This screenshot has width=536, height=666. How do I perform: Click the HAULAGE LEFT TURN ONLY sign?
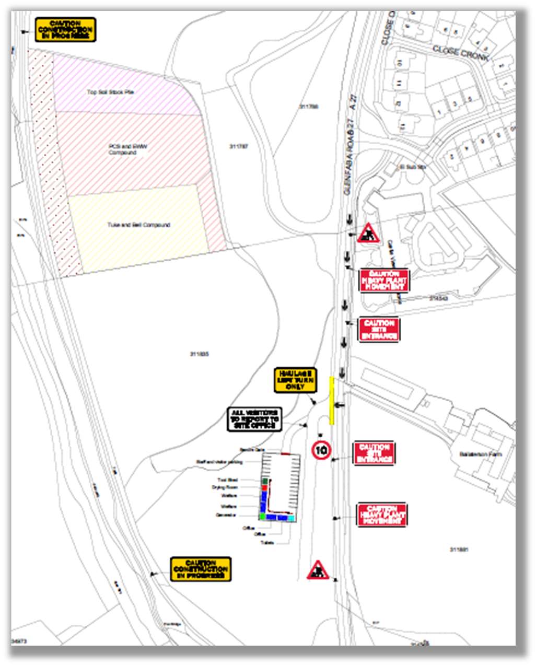tap(296, 380)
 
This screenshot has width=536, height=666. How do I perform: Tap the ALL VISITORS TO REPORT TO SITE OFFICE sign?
tap(254, 419)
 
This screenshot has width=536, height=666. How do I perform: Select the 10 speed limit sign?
tap(321, 450)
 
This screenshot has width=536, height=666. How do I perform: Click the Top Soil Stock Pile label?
tap(110, 92)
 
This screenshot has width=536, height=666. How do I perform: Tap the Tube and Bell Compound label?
tap(138, 225)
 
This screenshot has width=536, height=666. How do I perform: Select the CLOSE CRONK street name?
tap(460, 53)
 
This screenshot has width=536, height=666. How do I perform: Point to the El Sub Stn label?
tap(413, 167)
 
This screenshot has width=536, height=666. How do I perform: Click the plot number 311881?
tap(459, 550)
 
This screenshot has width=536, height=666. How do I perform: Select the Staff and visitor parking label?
tap(219, 462)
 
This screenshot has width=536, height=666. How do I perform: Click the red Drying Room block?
tap(264, 487)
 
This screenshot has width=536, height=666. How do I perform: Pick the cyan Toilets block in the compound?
tap(290, 518)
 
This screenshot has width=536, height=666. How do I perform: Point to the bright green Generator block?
tap(262, 516)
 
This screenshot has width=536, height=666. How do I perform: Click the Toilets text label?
tap(267, 543)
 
